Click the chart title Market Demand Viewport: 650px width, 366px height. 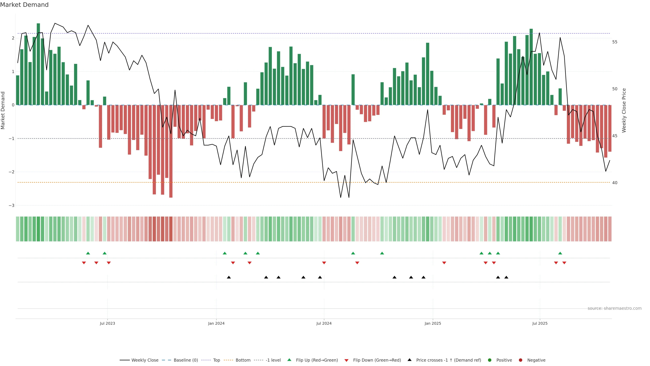[x=24, y=5]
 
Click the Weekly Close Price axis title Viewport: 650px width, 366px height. [x=624, y=110]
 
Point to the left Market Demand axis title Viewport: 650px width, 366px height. [x=3, y=110]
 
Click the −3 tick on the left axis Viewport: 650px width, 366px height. [x=12, y=205]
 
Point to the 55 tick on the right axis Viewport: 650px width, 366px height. [x=615, y=42]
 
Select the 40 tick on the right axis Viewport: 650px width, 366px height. [x=615, y=183]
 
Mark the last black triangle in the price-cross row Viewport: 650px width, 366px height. [x=506, y=277]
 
